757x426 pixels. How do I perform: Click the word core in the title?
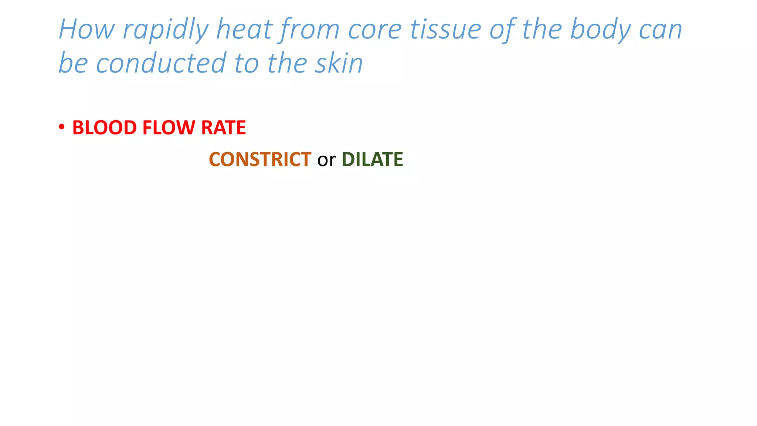(375, 30)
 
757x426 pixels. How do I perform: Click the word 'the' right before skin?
(287, 63)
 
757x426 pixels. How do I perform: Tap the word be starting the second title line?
(73, 63)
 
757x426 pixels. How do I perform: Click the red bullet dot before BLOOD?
(62, 127)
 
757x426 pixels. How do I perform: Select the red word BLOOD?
(104, 128)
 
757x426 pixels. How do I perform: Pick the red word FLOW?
(169, 128)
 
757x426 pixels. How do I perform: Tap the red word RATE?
(223, 128)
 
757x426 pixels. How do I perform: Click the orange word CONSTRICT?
(260, 159)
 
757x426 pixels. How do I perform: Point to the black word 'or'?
(326, 160)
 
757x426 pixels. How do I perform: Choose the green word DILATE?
(372, 159)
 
